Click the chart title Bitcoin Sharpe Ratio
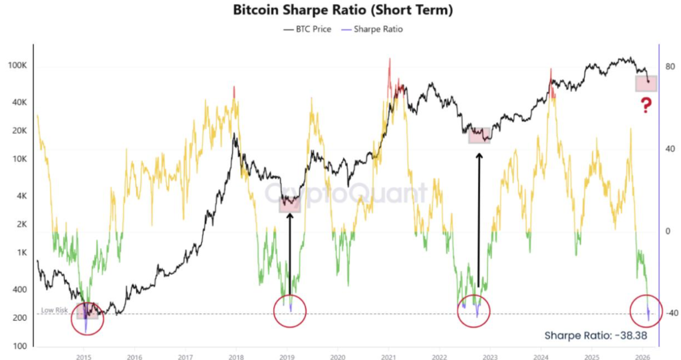[340, 11]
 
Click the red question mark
[645, 104]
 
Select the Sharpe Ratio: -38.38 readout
[596, 335]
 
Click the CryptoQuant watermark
[346, 194]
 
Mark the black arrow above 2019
[290, 253]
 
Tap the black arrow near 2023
[479, 220]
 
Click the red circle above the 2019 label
[290, 311]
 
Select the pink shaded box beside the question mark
[646, 83]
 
